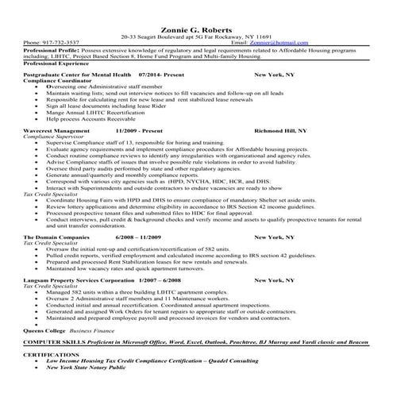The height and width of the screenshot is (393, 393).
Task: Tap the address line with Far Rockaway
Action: click(x=196, y=36)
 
